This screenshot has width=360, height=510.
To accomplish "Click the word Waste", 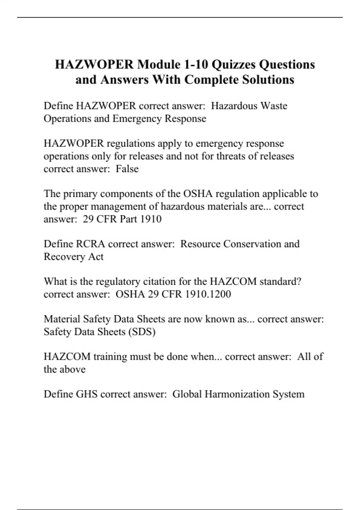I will coord(274,106).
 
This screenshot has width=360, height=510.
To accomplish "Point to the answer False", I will coord(127,169).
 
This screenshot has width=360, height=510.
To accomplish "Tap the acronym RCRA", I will coord(91,244).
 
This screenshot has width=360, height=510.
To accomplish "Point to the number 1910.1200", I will coord(208,294).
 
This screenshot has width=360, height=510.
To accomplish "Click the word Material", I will coord(62,319).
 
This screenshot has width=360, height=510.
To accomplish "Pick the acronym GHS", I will coord(87,394).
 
